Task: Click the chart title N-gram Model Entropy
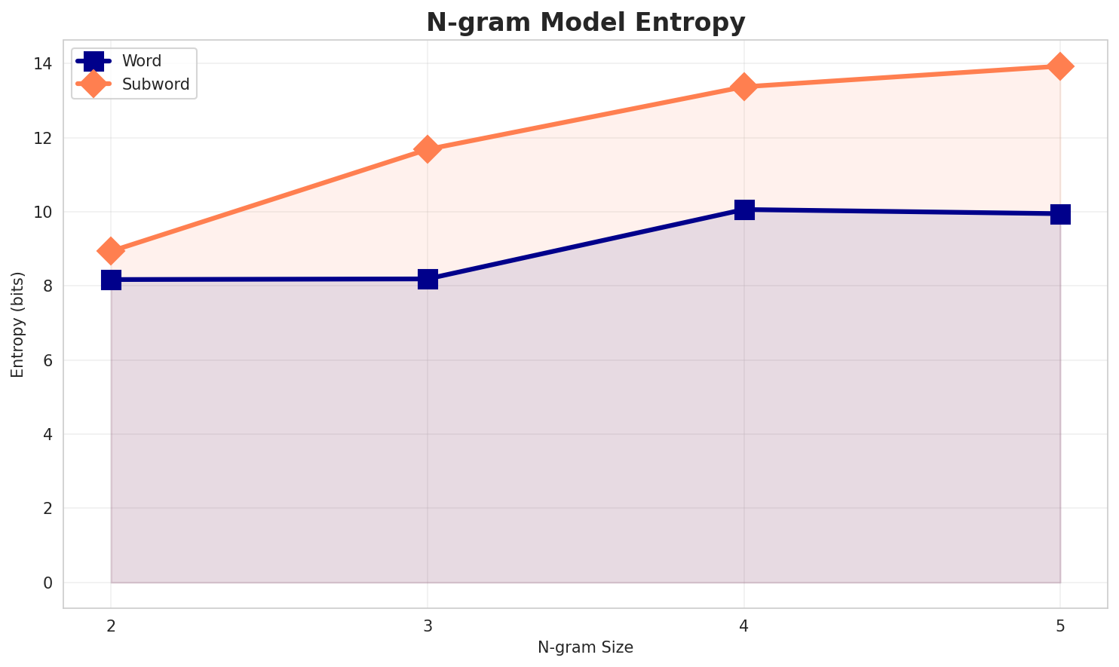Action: (x=585, y=23)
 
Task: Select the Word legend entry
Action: (x=141, y=61)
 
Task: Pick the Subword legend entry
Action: (x=155, y=84)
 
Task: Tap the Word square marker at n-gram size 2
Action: (x=111, y=280)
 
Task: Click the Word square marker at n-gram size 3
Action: (x=428, y=279)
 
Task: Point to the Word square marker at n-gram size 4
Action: (x=744, y=210)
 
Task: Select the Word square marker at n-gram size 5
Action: (x=1060, y=214)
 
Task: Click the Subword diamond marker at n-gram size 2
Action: (x=111, y=250)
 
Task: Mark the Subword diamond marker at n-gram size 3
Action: (x=428, y=149)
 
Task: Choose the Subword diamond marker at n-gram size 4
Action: (x=744, y=87)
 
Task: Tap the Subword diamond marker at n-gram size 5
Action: (x=1060, y=66)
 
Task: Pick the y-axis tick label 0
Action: (x=48, y=583)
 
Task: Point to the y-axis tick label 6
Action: (x=48, y=360)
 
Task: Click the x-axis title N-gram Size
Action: (x=585, y=647)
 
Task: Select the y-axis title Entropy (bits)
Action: (x=18, y=324)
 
